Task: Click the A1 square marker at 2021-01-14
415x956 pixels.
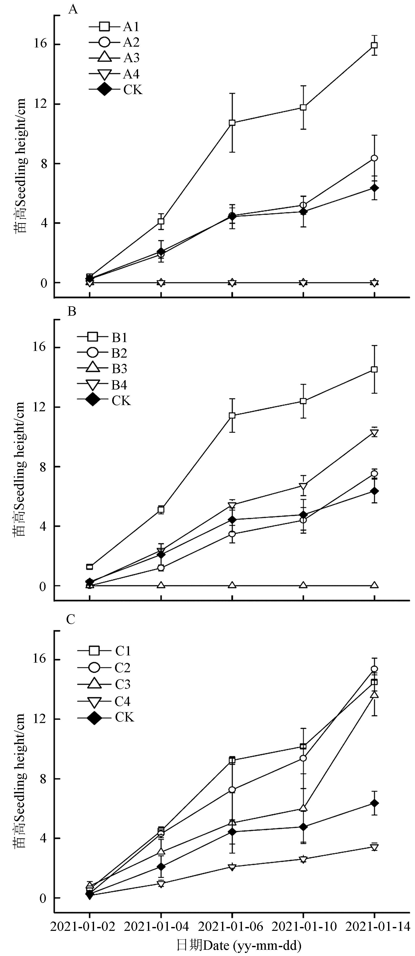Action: point(375,45)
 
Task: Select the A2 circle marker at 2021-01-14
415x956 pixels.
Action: point(375,158)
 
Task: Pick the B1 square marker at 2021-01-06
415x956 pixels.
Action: point(232,415)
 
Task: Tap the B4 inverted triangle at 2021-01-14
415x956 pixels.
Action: point(375,433)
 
